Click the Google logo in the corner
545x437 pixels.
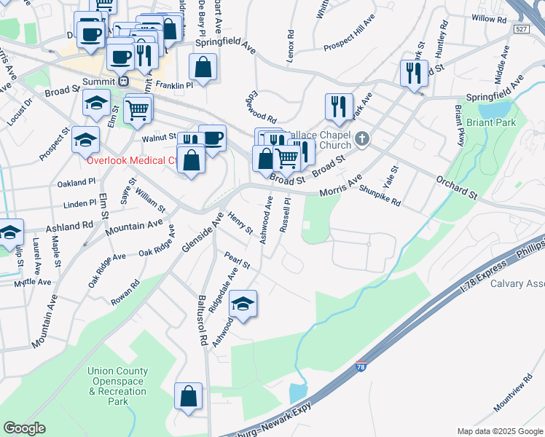coord(25,428)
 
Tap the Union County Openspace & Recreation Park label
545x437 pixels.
coord(117,386)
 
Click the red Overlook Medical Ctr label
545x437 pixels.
coord(132,160)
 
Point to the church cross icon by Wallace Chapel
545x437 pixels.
coord(362,138)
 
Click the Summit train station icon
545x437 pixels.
coord(124,82)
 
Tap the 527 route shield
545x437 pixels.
coord(520,28)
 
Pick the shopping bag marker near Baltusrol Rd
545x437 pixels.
coord(189,397)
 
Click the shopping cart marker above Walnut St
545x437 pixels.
coord(137,110)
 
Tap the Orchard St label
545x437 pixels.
coord(456,186)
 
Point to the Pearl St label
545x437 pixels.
coord(237,260)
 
